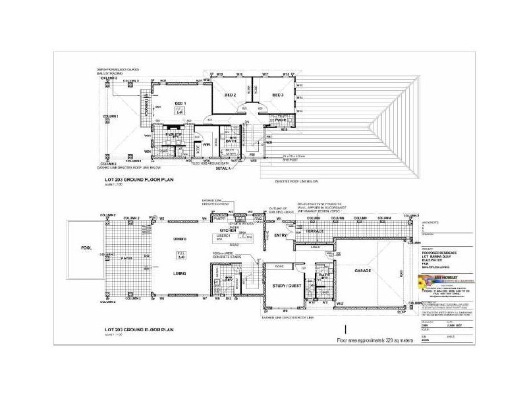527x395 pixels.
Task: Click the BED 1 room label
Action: click(x=179, y=104)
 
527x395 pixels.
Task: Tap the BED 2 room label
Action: click(x=231, y=95)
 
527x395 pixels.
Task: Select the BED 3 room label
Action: click(x=277, y=95)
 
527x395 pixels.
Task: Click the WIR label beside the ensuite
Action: click(x=206, y=144)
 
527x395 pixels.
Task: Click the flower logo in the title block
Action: click(x=425, y=280)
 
